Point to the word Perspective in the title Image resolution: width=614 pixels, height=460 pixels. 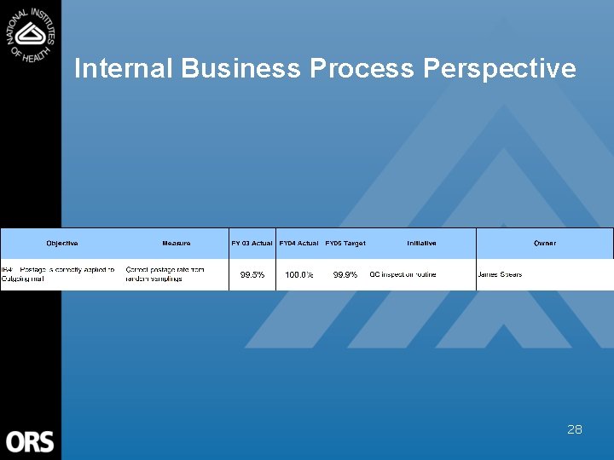(x=499, y=68)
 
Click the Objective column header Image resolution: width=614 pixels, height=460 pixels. (x=62, y=244)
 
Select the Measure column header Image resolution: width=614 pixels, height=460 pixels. (x=177, y=244)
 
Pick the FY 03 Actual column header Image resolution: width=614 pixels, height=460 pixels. (x=252, y=244)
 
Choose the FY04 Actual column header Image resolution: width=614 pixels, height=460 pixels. (x=298, y=244)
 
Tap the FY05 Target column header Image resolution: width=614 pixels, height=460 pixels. (x=345, y=244)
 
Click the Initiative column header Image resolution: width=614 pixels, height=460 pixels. (x=421, y=244)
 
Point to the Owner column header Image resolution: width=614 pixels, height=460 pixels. (x=545, y=244)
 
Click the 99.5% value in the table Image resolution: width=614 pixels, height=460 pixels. (x=252, y=275)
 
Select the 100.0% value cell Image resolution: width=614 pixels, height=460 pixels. (x=298, y=275)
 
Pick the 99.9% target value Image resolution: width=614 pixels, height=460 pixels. (x=345, y=275)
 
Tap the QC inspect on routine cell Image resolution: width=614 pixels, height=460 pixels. (x=403, y=274)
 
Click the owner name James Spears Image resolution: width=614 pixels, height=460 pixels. (x=501, y=274)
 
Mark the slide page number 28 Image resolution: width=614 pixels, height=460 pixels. (x=575, y=429)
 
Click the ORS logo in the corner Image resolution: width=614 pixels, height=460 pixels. (x=31, y=441)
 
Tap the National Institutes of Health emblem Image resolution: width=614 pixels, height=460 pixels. (x=31, y=34)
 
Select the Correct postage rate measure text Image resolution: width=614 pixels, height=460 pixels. (x=165, y=274)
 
